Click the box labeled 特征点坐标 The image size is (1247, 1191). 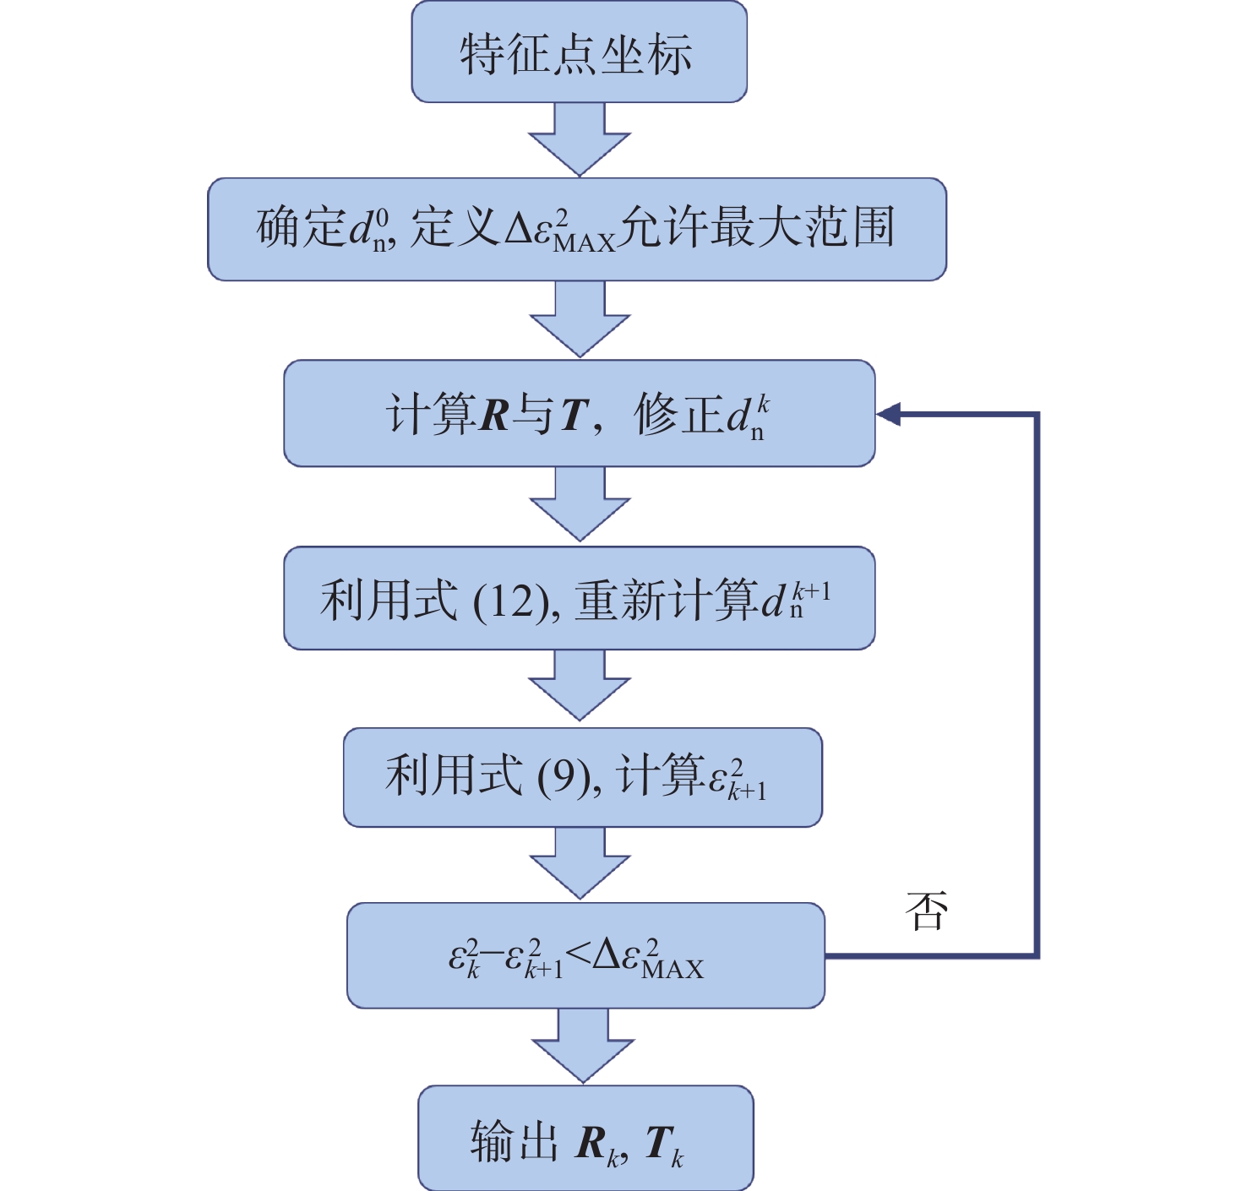click(579, 52)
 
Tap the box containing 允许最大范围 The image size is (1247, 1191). click(576, 229)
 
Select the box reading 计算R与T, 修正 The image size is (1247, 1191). click(579, 414)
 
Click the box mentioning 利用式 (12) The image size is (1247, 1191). click(579, 598)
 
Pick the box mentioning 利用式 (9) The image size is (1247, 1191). click(582, 777)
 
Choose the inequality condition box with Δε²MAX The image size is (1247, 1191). click(585, 955)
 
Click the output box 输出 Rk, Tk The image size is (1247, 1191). click(585, 1138)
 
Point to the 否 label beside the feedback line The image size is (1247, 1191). click(926, 912)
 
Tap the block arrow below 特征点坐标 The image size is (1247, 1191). click(580, 140)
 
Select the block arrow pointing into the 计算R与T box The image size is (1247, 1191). click(580, 320)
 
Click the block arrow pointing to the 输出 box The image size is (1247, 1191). click(583, 1046)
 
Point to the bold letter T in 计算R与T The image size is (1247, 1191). click(574, 415)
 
